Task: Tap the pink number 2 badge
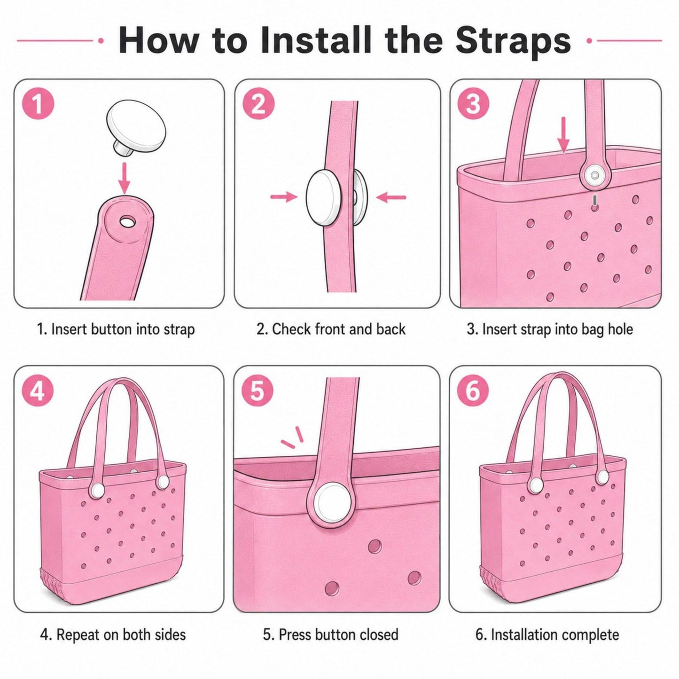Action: point(258,104)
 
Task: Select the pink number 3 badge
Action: point(473,104)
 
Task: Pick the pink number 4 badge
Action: point(39,391)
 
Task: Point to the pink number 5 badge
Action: point(257,391)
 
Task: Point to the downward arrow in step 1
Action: point(124,178)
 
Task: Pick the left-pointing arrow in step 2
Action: point(391,197)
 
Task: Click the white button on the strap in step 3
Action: point(595,175)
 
